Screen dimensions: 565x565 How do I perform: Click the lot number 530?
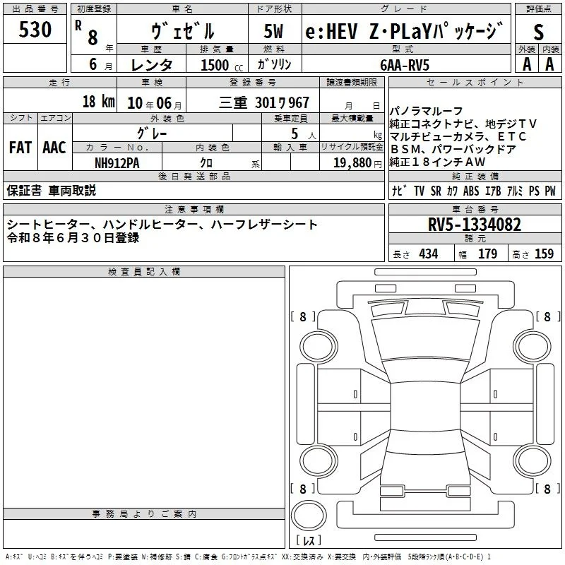point(35,30)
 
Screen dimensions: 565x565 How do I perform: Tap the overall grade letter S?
point(538,32)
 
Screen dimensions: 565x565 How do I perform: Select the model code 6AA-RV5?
point(405,65)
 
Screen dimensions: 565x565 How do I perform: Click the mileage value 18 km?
point(98,101)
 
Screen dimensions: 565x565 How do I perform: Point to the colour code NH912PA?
point(117,163)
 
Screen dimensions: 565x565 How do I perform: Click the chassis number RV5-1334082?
point(474,225)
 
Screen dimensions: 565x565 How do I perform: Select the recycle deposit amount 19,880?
point(352,163)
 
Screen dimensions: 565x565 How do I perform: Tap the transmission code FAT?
point(20,148)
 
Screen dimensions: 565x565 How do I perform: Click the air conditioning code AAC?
point(54,148)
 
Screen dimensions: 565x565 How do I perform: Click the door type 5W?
point(273,31)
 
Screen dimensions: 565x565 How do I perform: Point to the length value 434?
point(429,254)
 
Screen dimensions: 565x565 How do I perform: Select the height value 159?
point(544,254)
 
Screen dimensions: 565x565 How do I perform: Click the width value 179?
point(487,254)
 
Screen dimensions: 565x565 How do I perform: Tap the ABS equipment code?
point(471,191)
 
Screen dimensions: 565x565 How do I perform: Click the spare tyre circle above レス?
point(309,515)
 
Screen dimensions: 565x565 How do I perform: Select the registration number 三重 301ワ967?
point(264,102)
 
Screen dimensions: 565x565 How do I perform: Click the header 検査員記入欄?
point(144,272)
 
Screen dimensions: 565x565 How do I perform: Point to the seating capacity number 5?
point(295,133)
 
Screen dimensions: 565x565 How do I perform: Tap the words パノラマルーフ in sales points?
point(426,111)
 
